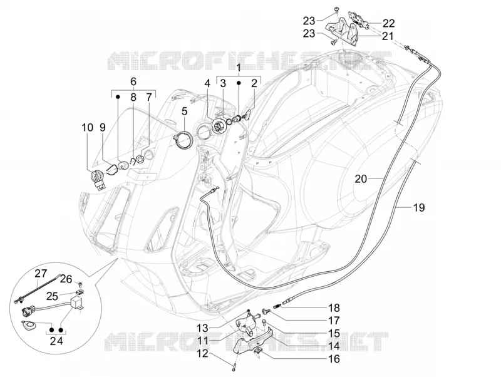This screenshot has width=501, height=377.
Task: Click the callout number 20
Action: tap(361, 179)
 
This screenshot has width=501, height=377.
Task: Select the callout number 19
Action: tap(419, 208)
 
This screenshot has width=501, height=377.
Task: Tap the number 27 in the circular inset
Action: tap(41, 274)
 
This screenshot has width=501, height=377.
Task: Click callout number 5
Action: tap(184, 111)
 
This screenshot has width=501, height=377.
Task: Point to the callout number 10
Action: tap(88, 128)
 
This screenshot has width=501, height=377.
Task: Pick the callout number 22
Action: tap(388, 23)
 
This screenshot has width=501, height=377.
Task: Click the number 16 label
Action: tap(334, 359)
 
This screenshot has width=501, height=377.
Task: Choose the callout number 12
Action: tap(202, 353)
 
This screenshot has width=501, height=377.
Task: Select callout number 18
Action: tap(334, 308)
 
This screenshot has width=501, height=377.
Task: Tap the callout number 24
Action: tap(56, 341)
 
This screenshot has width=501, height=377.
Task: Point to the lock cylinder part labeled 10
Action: tap(98, 180)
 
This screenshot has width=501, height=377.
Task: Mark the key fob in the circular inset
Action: tap(29, 325)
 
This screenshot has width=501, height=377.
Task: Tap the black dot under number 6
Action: tap(118, 96)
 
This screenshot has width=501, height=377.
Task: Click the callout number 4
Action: tap(208, 84)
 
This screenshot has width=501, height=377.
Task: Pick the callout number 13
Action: tap(202, 328)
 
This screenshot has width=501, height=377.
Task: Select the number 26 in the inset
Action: tap(66, 279)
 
